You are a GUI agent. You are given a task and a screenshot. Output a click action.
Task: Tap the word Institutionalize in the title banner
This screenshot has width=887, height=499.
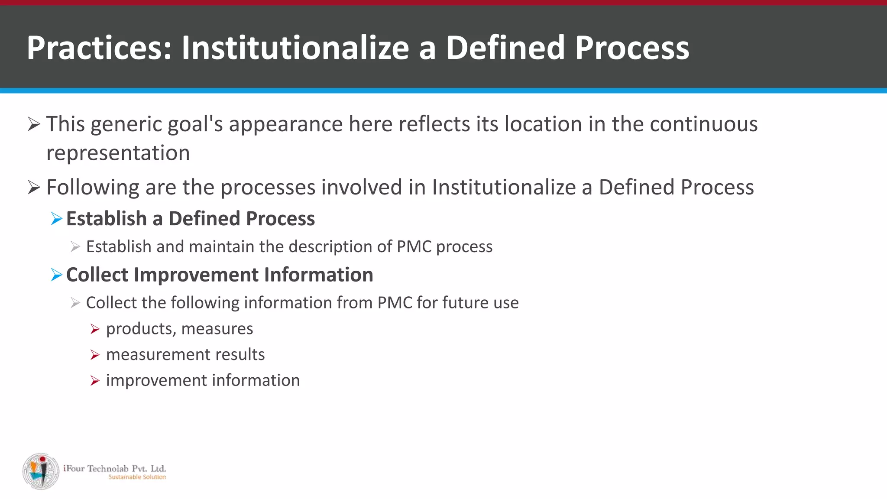coord(295,48)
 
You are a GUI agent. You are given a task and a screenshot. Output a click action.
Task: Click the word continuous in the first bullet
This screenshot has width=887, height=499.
coord(703,124)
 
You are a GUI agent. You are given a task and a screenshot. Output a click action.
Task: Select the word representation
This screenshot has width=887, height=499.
coord(118,153)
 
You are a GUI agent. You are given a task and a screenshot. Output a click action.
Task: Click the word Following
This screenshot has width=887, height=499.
coord(92,188)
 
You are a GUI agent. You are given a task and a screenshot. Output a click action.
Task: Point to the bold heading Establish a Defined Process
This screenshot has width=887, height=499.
coord(190,219)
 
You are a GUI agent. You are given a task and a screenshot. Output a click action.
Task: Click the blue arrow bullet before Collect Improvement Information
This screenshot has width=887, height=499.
coord(56,275)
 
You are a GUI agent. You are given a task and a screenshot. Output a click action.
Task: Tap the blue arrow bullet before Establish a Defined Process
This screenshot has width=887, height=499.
coord(56,219)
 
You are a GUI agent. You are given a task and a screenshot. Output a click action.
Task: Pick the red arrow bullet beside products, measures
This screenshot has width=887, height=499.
coord(95,330)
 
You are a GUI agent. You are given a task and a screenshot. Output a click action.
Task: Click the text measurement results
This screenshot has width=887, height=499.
coord(185,355)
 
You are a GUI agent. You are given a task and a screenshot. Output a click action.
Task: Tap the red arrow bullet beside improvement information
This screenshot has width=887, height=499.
coord(95,381)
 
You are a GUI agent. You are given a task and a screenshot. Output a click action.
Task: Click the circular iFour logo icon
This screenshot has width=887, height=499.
coord(41,471)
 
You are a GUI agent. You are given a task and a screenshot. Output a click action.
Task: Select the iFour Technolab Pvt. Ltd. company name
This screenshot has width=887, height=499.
coord(114,468)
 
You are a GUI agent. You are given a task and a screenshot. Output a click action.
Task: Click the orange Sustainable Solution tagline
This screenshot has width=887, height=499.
coord(137,477)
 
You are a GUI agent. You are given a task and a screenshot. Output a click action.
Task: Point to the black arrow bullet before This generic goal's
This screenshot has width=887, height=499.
coord(34,125)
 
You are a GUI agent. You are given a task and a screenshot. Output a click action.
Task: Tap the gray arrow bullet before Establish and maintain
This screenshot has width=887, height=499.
coord(75,247)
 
